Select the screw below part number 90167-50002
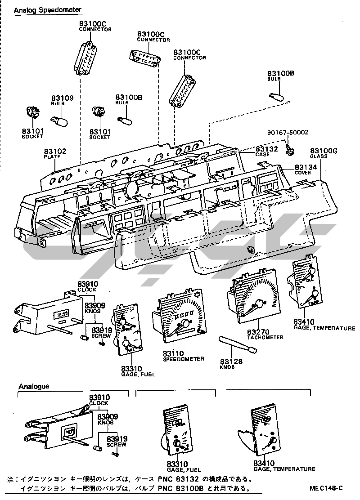click(290, 150)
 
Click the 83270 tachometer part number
click(258, 331)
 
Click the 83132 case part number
click(267, 149)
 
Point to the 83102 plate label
click(55, 152)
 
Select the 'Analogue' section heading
click(34, 386)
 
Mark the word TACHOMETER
click(265, 337)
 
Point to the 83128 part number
click(231, 361)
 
